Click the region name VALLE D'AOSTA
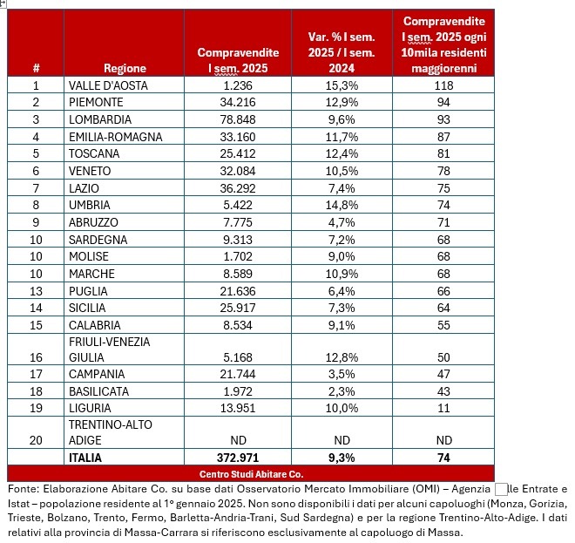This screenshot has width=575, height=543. pyautogui.click(x=108, y=85)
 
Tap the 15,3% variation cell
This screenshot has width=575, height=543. pyautogui.click(x=341, y=85)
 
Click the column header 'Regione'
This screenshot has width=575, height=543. pyautogui.click(x=125, y=68)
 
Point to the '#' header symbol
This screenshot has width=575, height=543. pyautogui.click(x=36, y=68)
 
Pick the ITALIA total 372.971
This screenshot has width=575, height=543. pyautogui.click(x=237, y=458)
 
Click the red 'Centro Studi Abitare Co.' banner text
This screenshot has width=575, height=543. pyautogui.click(x=251, y=473)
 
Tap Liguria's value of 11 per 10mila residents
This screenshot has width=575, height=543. pyautogui.click(x=444, y=409)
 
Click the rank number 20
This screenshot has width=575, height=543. pyautogui.click(x=36, y=440)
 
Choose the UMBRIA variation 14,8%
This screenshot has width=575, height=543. pyautogui.click(x=341, y=205)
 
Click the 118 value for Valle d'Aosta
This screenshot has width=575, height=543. pyautogui.click(x=444, y=85)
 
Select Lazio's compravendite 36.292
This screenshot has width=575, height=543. pyautogui.click(x=237, y=188)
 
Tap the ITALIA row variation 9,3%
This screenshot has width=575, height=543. pyautogui.click(x=341, y=458)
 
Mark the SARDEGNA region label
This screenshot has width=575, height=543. pyautogui.click(x=98, y=240)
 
